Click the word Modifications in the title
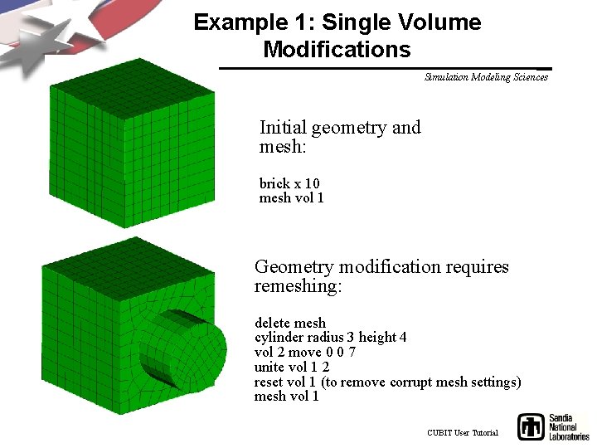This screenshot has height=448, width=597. point(337,50)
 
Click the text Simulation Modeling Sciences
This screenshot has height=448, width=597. point(486,77)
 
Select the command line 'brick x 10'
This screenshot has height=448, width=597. point(289,183)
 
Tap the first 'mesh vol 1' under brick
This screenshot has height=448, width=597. point(291,198)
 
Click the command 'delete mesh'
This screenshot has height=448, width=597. point(290,323)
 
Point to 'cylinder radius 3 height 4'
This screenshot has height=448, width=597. point(330,338)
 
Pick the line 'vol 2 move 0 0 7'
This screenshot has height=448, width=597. point(305,353)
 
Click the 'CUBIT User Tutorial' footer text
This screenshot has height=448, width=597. point(463,433)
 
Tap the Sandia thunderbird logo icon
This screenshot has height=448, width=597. point(531,426)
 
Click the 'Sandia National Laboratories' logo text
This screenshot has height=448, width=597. point(568,426)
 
